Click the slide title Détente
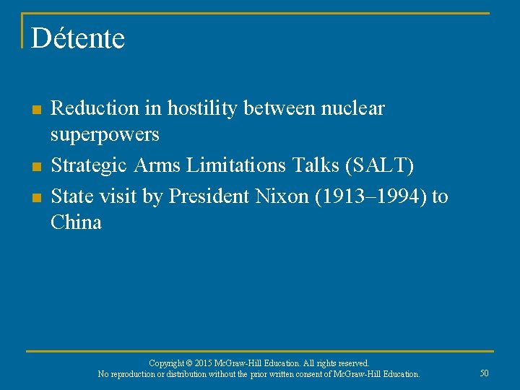coord(78,38)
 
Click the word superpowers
coord(105,135)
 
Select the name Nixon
coord(278,196)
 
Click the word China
coord(76,222)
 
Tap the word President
coord(210,196)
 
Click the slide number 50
coord(484,373)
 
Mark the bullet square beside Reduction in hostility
coord(35,110)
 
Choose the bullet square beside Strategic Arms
coord(35,167)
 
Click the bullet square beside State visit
coord(35,197)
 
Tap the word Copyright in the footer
coord(167,363)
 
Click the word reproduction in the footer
coord(136,374)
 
